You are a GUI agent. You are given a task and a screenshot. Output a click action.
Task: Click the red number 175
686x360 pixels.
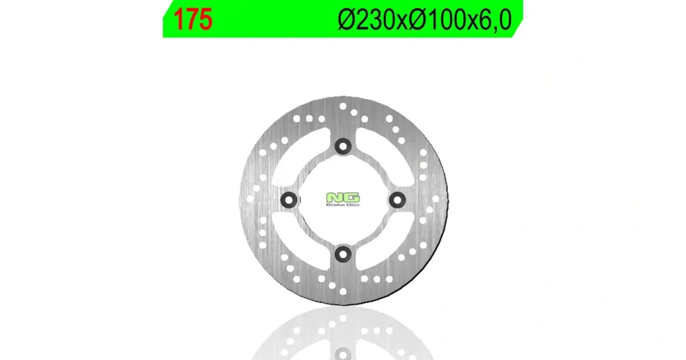[193, 20]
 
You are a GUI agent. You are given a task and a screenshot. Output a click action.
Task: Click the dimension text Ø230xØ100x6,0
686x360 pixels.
[425, 20]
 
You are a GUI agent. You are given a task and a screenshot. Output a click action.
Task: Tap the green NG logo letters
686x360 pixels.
[343, 197]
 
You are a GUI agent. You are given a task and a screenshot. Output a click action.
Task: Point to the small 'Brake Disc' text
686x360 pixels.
[344, 205]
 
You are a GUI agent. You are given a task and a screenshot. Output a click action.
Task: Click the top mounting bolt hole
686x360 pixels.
[343, 146]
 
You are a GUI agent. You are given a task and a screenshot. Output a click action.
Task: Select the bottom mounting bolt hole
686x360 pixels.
[343, 254]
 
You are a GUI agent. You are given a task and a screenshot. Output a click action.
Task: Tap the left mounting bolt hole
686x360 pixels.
[289, 200]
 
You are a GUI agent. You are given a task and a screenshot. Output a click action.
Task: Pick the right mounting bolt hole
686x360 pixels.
[397, 200]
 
